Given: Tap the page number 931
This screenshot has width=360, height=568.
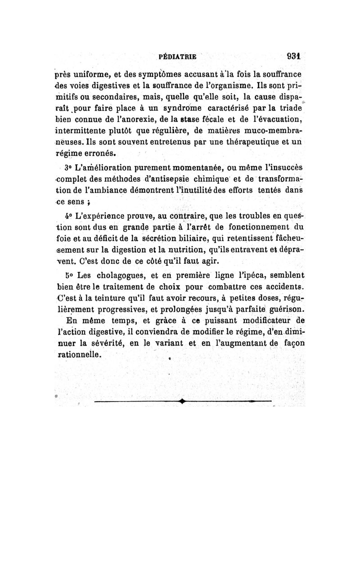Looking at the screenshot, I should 293,57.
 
